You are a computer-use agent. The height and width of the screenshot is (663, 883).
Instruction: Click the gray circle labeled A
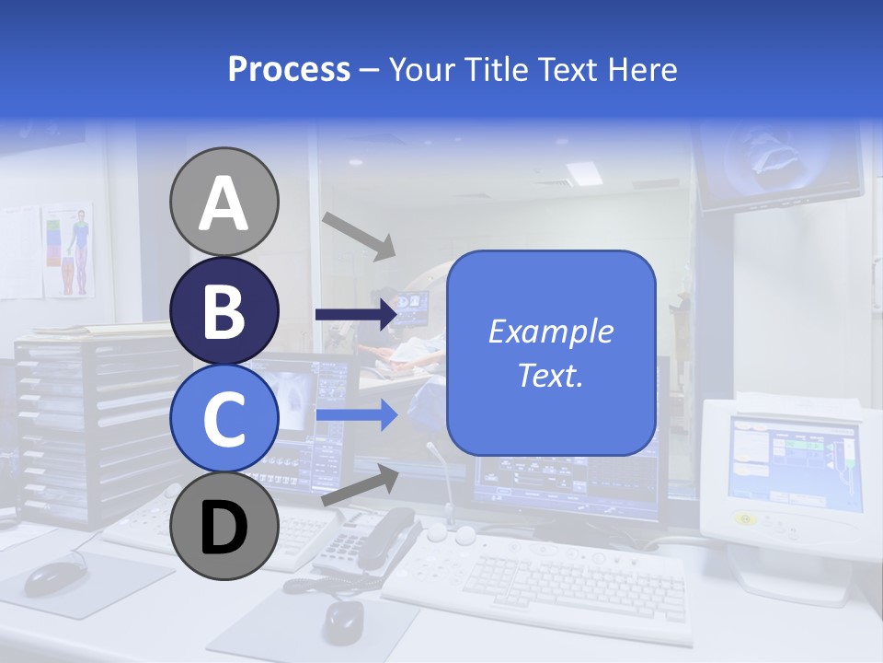coord(224,202)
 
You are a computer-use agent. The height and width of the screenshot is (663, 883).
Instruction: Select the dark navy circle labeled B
coord(224,310)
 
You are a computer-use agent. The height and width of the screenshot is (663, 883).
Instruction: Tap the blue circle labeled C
coord(224,418)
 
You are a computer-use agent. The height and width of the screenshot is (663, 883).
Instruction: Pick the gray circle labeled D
coord(224,526)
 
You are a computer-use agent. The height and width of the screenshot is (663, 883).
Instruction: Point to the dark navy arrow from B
coord(355,315)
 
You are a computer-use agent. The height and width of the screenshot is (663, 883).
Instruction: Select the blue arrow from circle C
coord(355,415)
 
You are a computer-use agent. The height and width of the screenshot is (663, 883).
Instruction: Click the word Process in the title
coord(289,69)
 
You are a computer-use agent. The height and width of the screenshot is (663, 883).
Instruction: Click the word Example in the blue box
coord(550,331)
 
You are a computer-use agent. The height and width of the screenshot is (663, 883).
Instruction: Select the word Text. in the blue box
coord(550,375)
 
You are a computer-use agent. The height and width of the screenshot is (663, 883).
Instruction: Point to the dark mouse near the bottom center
coord(343,622)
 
